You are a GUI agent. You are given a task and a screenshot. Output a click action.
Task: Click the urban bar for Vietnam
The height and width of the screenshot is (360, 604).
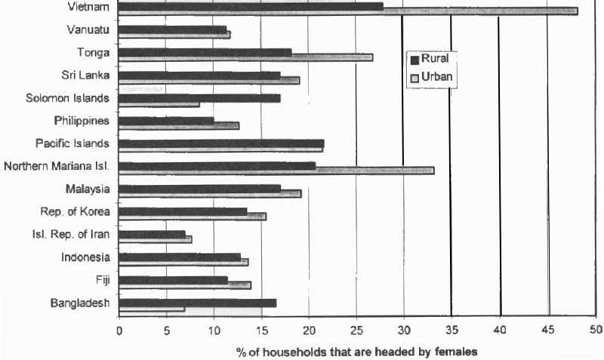point(347,11)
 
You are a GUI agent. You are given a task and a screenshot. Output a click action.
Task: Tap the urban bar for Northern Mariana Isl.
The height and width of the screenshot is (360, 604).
point(276,171)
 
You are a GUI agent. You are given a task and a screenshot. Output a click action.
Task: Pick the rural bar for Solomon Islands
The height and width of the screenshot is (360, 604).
point(199,97)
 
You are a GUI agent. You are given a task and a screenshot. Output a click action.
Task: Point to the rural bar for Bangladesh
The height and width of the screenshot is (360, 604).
point(197,303)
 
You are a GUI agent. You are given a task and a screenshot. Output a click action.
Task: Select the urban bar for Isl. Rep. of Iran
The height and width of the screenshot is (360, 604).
point(156,239)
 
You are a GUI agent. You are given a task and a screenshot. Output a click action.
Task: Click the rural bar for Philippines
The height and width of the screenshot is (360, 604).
point(166,120)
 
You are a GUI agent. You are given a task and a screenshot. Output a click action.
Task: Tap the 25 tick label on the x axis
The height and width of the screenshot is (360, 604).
point(356,330)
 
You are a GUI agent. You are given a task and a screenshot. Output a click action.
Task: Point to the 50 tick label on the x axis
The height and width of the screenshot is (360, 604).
point(596,330)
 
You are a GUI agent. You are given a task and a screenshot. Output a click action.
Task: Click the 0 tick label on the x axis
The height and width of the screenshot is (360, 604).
point(119,330)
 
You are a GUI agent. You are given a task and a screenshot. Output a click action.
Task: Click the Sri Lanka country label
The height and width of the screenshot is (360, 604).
point(85,75)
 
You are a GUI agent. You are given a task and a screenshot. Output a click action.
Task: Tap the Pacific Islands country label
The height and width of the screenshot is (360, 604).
point(72,143)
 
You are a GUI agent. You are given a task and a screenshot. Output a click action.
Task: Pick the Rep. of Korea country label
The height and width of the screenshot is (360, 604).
point(75,211)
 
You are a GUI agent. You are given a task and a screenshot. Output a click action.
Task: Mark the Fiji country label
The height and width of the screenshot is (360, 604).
point(103,280)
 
